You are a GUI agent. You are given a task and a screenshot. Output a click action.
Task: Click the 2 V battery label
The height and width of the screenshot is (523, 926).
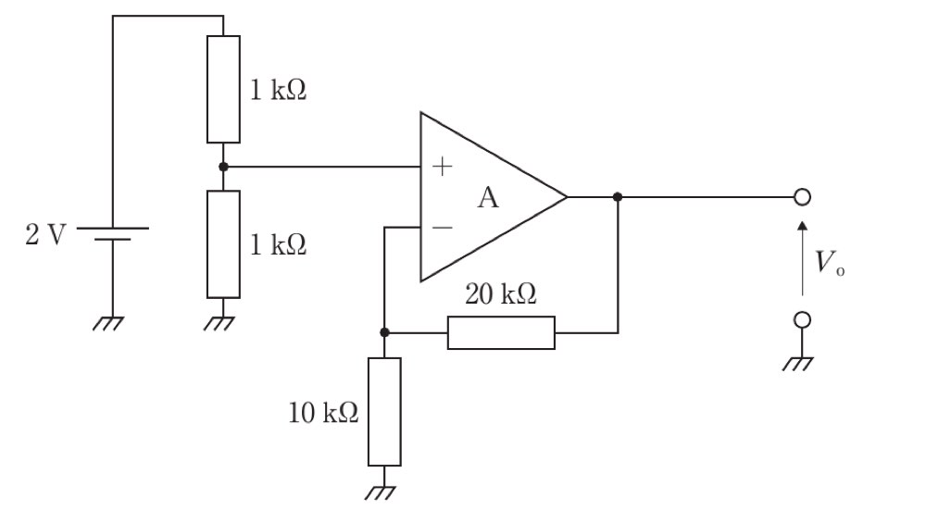pyautogui.click(x=45, y=234)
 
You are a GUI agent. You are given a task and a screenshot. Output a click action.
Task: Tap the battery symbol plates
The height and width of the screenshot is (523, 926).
pyautogui.click(x=112, y=234)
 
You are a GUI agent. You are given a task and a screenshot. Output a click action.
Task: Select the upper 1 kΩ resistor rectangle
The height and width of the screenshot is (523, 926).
pyautogui.click(x=223, y=89)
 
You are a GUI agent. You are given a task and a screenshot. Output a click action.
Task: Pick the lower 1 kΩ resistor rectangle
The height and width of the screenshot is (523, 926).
pyautogui.click(x=223, y=244)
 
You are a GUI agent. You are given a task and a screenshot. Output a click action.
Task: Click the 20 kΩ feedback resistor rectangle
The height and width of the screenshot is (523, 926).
pyautogui.click(x=501, y=333)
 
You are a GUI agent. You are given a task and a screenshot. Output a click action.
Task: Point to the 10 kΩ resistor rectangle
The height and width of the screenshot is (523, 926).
pyautogui.click(x=384, y=412)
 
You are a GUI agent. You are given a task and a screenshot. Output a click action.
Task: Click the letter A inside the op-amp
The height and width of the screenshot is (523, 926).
pyautogui.click(x=488, y=198)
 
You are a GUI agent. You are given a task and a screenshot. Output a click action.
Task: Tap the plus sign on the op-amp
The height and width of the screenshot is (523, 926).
pyautogui.click(x=442, y=167)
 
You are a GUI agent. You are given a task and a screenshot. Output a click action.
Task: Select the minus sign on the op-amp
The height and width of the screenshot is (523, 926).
pyautogui.click(x=443, y=228)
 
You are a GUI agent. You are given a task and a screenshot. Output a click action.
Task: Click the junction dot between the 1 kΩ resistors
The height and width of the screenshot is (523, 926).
pyautogui.click(x=223, y=167)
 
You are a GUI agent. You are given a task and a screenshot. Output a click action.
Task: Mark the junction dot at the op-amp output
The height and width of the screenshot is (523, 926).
pyautogui.click(x=618, y=197)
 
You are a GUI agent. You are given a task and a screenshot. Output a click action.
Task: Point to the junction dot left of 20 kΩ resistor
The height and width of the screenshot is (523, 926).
pyautogui.click(x=384, y=333)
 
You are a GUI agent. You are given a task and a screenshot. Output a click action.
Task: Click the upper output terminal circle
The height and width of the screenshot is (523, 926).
pyautogui.click(x=802, y=197)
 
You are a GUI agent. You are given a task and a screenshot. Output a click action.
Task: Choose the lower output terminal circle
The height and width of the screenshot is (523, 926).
pyautogui.click(x=802, y=320)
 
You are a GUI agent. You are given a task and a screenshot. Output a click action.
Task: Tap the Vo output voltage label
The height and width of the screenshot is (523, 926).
pyautogui.click(x=830, y=263)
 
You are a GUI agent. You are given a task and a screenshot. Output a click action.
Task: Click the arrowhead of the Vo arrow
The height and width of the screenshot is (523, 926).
pyautogui.click(x=802, y=226)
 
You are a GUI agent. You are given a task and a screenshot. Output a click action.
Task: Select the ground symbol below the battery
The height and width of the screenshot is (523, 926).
pyautogui.click(x=108, y=324)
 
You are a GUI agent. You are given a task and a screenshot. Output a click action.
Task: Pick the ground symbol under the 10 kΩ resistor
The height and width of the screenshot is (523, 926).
pyautogui.click(x=381, y=492)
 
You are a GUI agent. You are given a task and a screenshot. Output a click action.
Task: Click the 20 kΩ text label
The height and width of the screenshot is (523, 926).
pyautogui.click(x=501, y=294)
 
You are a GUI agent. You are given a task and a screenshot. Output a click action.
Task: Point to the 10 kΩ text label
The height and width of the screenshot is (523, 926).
pyautogui.click(x=323, y=413)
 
